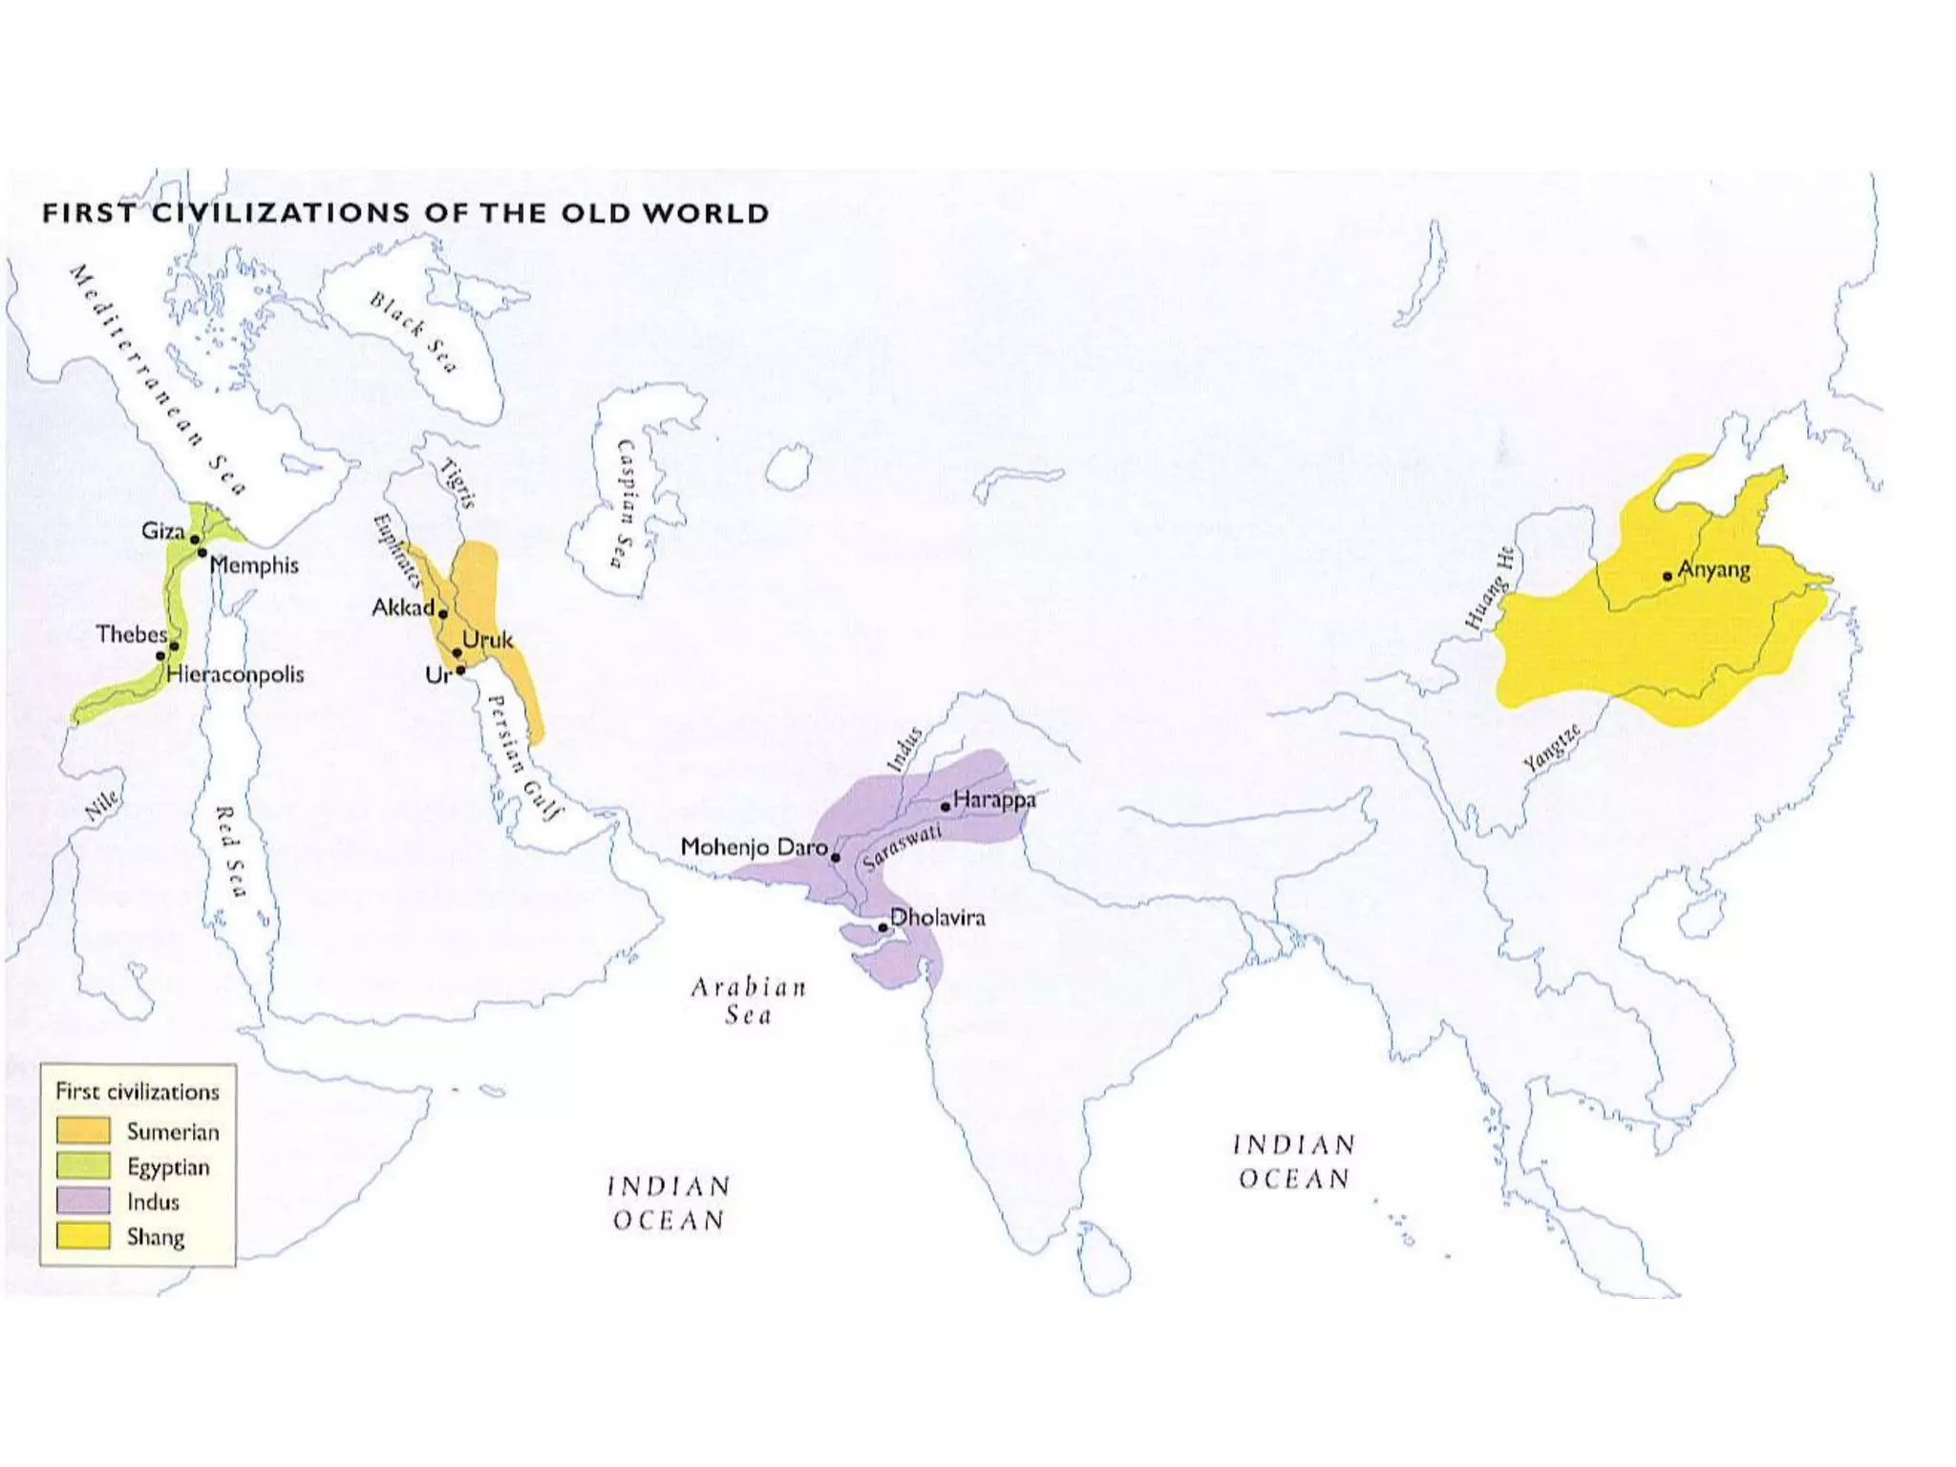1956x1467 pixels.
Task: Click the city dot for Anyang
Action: tap(1668, 576)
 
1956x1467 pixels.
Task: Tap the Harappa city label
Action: tap(994, 799)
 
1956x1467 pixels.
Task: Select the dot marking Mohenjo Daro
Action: tap(836, 858)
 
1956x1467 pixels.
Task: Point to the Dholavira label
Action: tap(937, 918)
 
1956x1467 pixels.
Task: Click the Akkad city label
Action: tap(402, 607)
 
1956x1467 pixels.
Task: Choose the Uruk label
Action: tap(488, 640)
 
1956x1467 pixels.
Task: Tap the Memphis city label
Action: tap(254, 565)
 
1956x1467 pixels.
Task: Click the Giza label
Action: tap(162, 531)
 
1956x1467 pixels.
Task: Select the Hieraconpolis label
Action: tap(235, 674)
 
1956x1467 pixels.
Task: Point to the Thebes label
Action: tap(131, 634)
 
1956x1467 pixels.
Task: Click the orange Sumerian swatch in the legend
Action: tap(83, 1131)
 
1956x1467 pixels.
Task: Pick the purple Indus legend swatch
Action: tap(83, 1201)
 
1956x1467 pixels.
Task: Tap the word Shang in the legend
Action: tap(156, 1237)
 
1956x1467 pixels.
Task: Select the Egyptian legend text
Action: tap(168, 1167)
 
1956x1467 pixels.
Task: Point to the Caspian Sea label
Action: tap(626, 503)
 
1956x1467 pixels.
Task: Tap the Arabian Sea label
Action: tap(749, 1000)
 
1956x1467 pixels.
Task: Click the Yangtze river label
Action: tap(1551, 749)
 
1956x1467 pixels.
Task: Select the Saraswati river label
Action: tap(902, 847)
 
